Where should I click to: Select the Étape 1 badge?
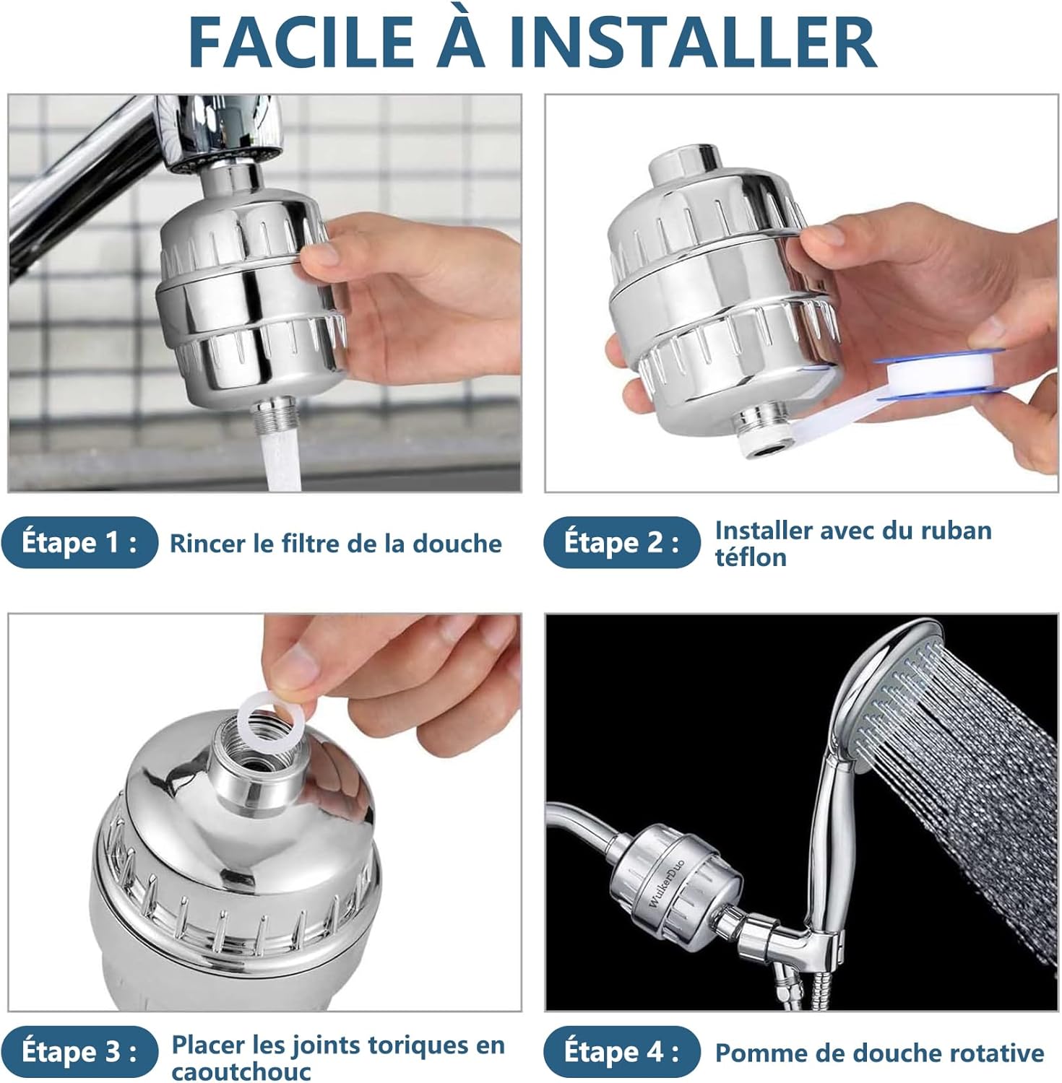pyautogui.click(x=79, y=542)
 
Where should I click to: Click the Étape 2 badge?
pyautogui.click(x=621, y=542)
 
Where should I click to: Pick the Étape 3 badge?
pyautogui.click(x=79, y=1051)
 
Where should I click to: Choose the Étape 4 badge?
pyautogui.click(x=621, y=1051)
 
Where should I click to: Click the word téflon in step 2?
pyautogui.click(x=750, y=558)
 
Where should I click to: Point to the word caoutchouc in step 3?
pyautogui.click(x=241, y=1071)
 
